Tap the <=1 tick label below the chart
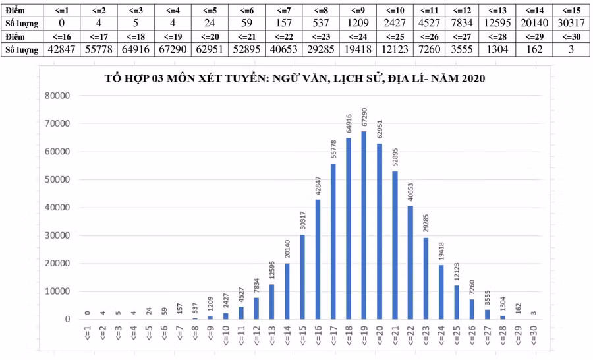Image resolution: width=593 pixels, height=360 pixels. (87, 338)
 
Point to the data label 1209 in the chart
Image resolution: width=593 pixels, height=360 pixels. (210, 305)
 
